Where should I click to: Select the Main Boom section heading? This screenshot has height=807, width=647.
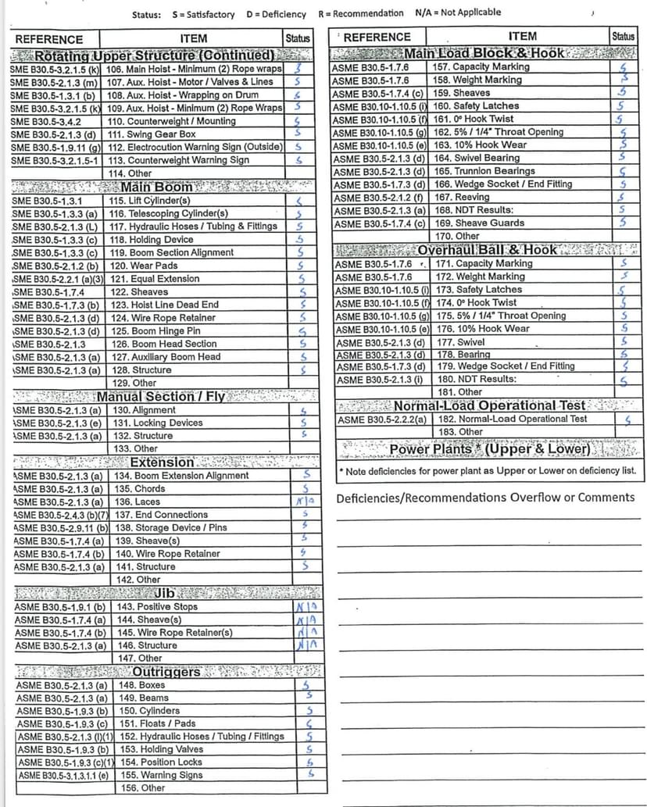coord(157,187)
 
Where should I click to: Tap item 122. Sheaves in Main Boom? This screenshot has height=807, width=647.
coord(138,292)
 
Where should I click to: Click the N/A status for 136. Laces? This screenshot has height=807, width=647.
coord(306,502)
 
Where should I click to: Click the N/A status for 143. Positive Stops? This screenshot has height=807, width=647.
coord(306,606)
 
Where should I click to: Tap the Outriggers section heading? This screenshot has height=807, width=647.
coord(166,672)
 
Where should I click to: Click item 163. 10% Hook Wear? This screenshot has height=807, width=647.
coord(480,145)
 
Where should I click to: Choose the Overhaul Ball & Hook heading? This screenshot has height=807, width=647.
coord(487,250)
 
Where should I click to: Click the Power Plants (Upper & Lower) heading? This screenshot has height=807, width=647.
coord(490,449)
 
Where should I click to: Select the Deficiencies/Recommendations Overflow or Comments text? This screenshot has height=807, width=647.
coord(485,498)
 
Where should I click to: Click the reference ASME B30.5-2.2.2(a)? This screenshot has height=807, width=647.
coord(381,419)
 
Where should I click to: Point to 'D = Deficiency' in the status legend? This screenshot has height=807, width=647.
coord(273,13)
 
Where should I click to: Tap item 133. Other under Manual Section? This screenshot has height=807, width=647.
coord(135,448)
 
